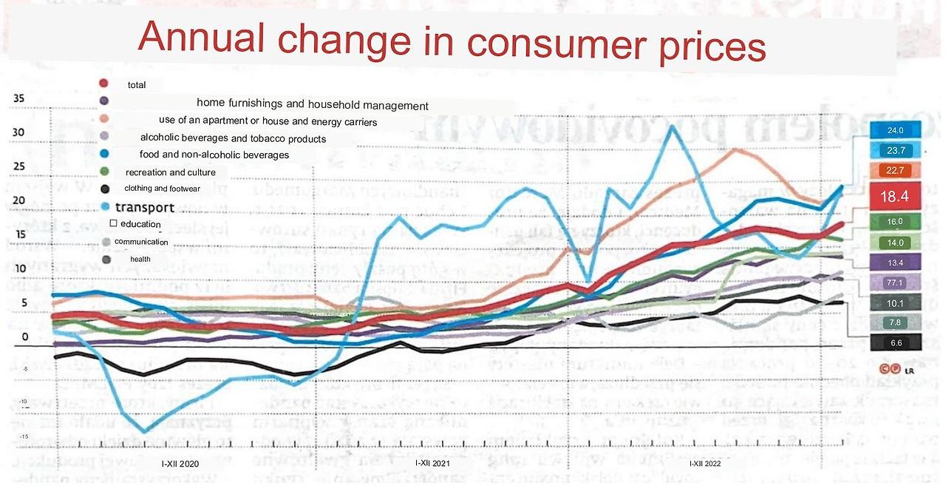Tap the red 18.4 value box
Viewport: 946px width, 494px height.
click(x=896, y=197)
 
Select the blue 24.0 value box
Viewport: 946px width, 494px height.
click(x=896, y=130)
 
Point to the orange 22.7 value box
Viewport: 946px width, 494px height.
click(x=896, y=171)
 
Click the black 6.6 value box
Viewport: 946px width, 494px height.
click(x=896, y=342)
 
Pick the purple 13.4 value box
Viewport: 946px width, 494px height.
click(x=896, y=263)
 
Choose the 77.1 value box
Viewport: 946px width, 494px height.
click(x=896, y=282)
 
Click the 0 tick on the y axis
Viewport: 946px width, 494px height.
click(x=24, y=336)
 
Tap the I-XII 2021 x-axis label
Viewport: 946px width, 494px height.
click(x=432, y=463)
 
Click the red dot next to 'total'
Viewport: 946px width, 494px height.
click(x=104, y=84)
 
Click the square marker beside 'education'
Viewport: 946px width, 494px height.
click(x=113, y=223)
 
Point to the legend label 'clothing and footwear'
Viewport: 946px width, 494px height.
click(x=162, y=189)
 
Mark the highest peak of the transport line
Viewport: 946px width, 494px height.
click(x=671, y=126)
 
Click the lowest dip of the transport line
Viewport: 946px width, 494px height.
click(x=143, y=432)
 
